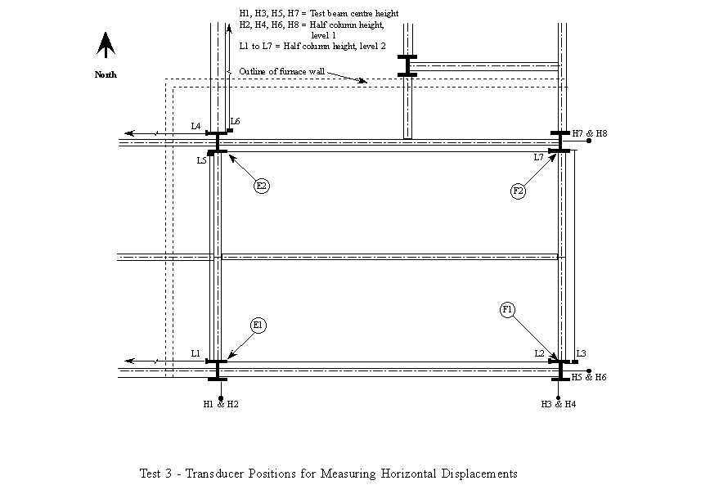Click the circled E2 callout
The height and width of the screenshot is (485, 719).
(x=262, y=186)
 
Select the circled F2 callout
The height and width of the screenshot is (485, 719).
(x=518, y=191)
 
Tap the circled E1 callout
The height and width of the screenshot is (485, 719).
(x=258, y=326)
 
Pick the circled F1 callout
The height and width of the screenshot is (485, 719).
(x=508, y=309)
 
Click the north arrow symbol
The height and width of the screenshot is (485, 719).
(x=106, y=45)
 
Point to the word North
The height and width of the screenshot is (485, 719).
(x=106, y=74)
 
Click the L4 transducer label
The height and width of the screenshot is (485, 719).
(x=196, y=126)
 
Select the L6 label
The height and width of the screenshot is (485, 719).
(x=235, y=122)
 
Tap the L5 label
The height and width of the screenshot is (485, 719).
(x=201, y=161)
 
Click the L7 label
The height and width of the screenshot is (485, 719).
(x=539, y=157)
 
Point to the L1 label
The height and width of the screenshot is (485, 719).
(x=195, y=353)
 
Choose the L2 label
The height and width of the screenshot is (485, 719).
(x=540, y=353)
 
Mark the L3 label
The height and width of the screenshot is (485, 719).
(x=581, y=353)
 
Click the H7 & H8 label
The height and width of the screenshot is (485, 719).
(x=589, y=132)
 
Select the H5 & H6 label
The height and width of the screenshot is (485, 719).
(x=589, y=377)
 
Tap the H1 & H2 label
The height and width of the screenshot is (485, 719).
(x=221, y=404)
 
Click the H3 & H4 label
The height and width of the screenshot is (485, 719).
(x=559, y=404)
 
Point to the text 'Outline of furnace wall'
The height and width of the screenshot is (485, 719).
(x=282, y=72)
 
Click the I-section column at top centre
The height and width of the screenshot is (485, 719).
(x=407, y=65)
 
